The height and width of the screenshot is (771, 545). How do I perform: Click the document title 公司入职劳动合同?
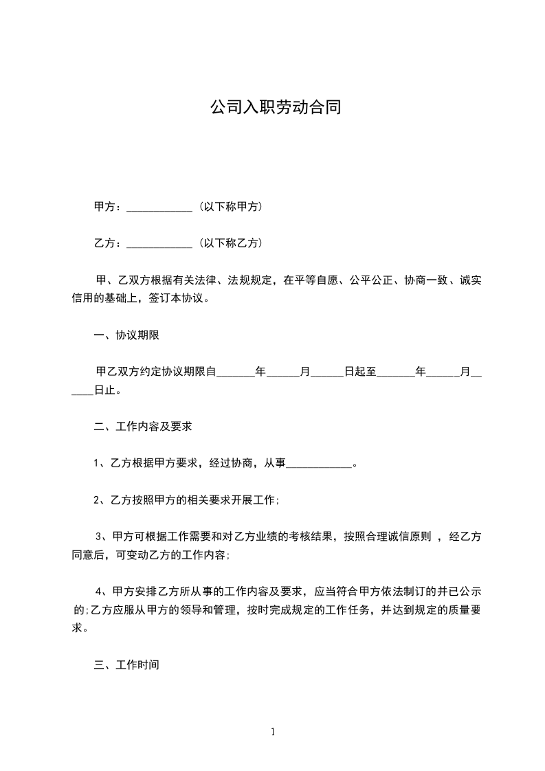tap(275, 108)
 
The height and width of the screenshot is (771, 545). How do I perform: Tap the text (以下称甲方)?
tap(231, 206)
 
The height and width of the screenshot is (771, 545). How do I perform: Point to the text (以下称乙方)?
tap(231, 243)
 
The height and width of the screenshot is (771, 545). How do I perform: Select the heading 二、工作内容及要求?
tap(142, 427)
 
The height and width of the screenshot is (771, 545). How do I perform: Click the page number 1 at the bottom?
tap(273, 732)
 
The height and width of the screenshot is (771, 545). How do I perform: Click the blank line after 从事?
tap(318, 465)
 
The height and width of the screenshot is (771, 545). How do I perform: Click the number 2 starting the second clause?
tap(97, 500)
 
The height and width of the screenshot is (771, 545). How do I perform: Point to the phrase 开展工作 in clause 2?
tap(254, 500)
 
